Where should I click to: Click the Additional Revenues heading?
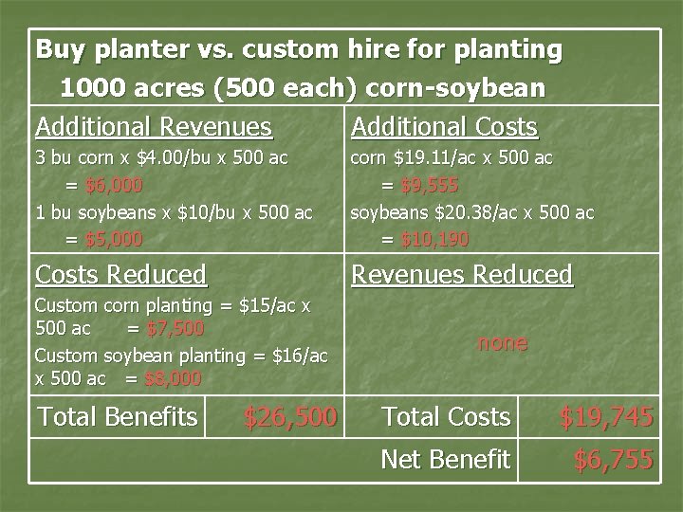pyautogui.click(x=153, y=126)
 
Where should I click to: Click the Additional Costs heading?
pyautogui.click(x=444, y=126)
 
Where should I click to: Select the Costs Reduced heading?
pyautogui.click(x=120, y=275)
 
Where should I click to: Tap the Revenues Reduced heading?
pyautogui.click(x=462, y=275)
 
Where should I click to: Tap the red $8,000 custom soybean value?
pyautogui.click(x=175, y=378)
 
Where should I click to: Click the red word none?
pyautogui.click(x=502, y=342)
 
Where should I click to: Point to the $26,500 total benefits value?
pyautogui.click(x=289, y=416)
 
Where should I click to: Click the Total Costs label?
pyautogui.click(x=445, y=415)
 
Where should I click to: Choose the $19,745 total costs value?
pyautogui.click(x=605, y=416)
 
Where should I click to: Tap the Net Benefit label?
pyautogui.click(x=445, y=460)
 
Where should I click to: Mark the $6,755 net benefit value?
pyautogui.click(x=613, y=461)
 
